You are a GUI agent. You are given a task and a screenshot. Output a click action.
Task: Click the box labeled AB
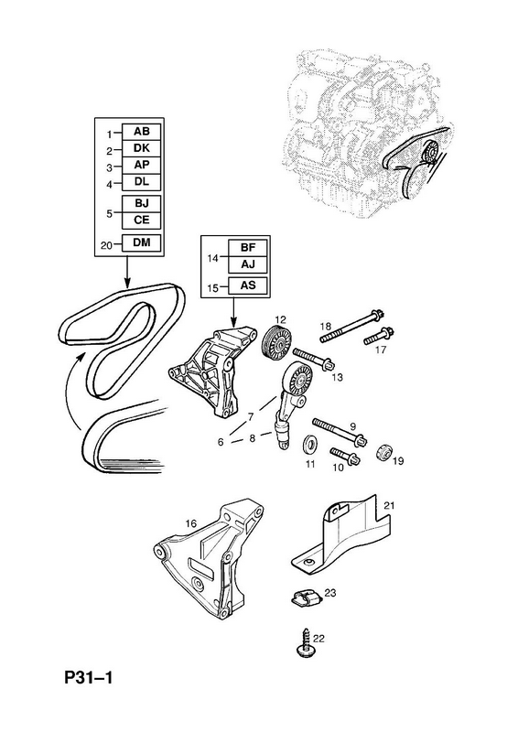(x=142, y=132)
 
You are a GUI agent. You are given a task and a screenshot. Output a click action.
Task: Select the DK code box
(x=142, y=148)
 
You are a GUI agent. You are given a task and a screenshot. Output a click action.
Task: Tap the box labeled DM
(x=142, y=242)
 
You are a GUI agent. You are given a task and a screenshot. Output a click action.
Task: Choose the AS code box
(x=248, y=285)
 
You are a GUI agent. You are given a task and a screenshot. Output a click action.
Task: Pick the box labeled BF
(x=248, y=248)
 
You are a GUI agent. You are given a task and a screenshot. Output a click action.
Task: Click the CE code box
(x=142, y=220)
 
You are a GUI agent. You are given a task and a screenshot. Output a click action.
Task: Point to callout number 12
(x=280, y=319)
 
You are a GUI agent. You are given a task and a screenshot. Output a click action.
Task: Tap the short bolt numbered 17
(x=379, y=336)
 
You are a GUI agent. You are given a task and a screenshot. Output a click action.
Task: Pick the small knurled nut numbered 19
(x=385, y=451)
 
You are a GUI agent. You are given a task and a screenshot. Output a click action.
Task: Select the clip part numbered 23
(x=306, y=598)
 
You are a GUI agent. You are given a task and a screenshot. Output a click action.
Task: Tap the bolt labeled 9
(x=340, y=430)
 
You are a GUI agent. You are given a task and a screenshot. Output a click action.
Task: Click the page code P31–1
(x=89, y=677)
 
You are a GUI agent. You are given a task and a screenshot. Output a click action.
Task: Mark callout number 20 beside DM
(x=107, y=244)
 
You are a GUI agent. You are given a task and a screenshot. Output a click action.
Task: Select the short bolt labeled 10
(x=344, y=455)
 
